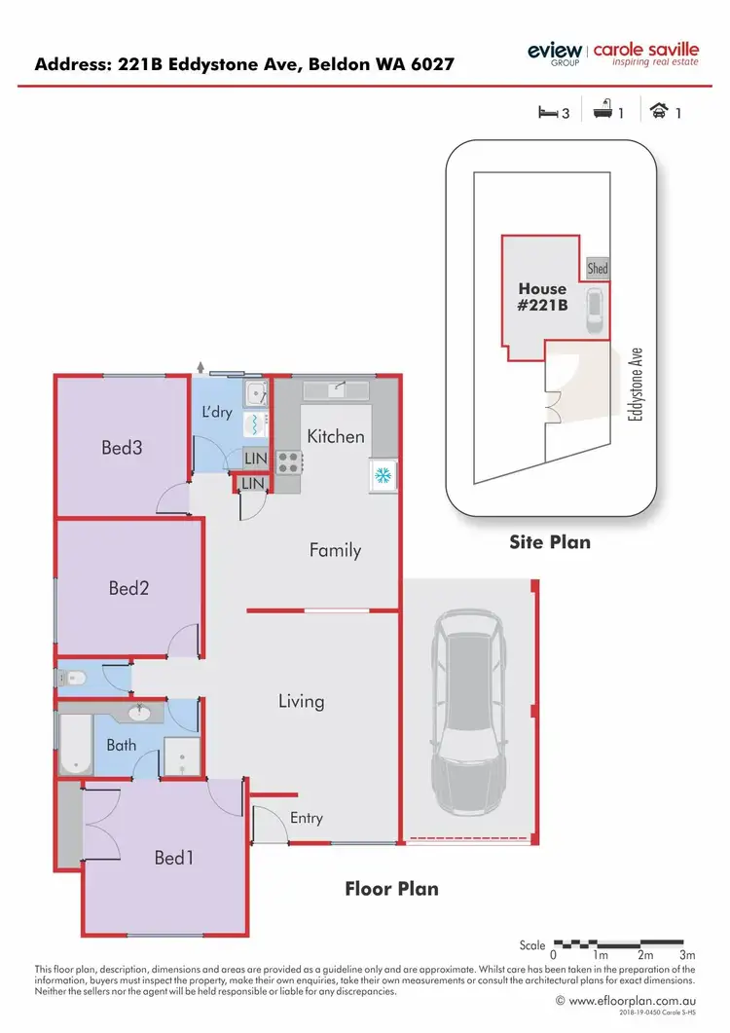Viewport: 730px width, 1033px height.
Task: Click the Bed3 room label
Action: [x=123, y=448]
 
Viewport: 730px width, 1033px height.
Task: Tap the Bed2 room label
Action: [x=128, y=588]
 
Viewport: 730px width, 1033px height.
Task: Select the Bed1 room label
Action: [x=174, y=858]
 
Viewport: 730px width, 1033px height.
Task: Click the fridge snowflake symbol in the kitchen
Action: [x=383, y=475]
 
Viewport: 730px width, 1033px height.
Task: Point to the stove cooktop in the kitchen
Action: [x=287, y=461]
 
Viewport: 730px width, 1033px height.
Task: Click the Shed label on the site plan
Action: [x=597, y=269]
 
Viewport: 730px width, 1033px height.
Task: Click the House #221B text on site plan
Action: [x=542, y=296]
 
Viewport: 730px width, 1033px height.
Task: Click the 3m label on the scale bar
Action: [x=688, y=956]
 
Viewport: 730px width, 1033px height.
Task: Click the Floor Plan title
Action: [x=392, y=889]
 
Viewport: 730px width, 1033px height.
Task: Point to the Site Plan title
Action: [x=550, y=541]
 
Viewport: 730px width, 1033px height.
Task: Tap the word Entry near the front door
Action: [x=306, y=818]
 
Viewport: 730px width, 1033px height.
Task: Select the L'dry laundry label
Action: [x=217, y=412]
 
